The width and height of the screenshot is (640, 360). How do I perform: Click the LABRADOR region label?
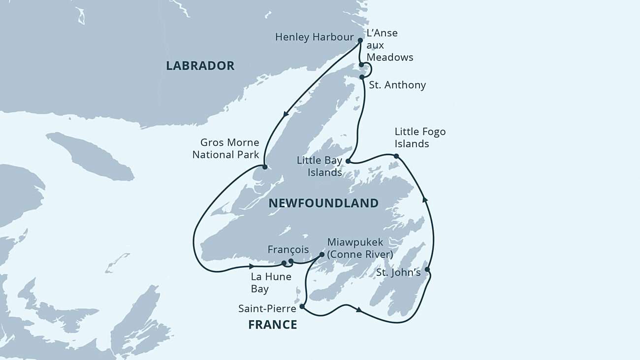click(x=200, y=66)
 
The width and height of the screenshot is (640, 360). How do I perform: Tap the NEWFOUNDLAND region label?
click(x=323, y=203)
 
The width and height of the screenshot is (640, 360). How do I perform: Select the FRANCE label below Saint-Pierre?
click(x=272, y=325)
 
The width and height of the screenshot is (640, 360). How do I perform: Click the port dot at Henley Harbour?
click(x=360, y=41)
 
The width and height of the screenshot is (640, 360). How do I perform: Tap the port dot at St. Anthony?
click(x=362, y=77)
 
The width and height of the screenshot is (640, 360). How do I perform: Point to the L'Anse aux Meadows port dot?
click(x=361, y=65)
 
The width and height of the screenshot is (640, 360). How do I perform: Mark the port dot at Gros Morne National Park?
click(x=264, y=167)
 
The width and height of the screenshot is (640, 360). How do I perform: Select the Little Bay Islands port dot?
click(x=348, y=161)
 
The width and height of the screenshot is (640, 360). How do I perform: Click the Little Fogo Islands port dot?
click(x=396, y=157)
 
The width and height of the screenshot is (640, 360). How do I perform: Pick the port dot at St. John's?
click(x=427, y=269)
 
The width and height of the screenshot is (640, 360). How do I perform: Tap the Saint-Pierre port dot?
click(x=302, y=306)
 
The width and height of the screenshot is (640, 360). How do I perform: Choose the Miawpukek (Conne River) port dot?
click(x=322, y=255)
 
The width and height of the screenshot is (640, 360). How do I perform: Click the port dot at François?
click(x=290, y=261)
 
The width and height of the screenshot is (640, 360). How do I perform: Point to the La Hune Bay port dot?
click(x=284, y=263)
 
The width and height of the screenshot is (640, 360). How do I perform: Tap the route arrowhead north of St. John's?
click(x=425, y=199)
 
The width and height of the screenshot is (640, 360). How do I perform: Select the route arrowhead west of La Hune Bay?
click(x=252, y=266)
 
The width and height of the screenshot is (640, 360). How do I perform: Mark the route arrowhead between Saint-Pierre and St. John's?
click(x=359, y=310)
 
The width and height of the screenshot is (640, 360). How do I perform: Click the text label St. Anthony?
click(x=397, y=85)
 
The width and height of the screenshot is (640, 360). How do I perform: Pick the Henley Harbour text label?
click(x=314, y=37)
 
